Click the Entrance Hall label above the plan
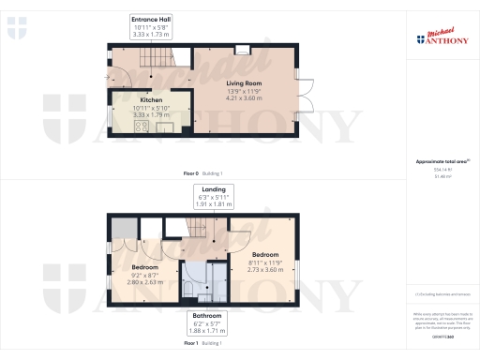[x=151, y=19]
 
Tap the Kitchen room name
[x=151, y=99]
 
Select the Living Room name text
[x=244, y=82]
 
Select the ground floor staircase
[x=155, y=65]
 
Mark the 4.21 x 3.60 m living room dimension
[x=244, y=97]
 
